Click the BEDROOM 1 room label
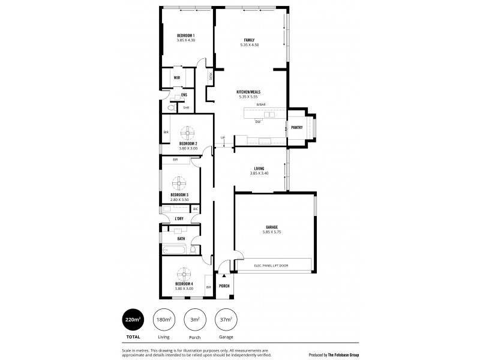pyautogui.click(x=185, y=36)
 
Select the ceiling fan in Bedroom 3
pyautogui.click(x=179, y=182)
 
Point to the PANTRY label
pyautogui.click(x=296, y=127)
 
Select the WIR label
pyautogui.click(x=177, y=78)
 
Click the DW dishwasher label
pyautogui.click(x=257, y=122)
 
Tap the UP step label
pyautogui.click(x=223, y=137)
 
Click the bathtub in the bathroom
pyautogui.click(x=175, y=250)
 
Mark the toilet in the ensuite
pyautogui.click(x=171, y=108)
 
